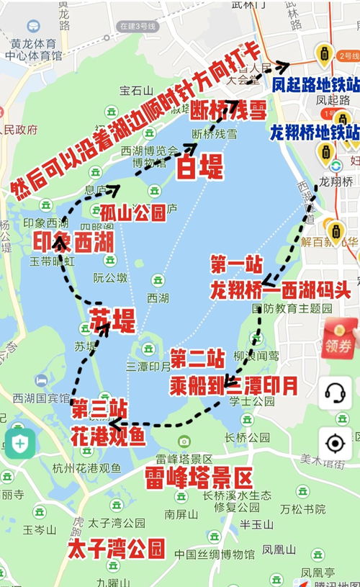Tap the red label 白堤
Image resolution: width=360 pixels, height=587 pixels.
[199, 168]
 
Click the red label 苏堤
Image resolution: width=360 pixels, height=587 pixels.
[112, 319]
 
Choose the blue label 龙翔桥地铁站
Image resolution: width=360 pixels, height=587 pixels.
[314, 133]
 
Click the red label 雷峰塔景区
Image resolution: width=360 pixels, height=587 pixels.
[199, 478]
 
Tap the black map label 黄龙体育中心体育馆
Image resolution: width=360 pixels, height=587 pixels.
[36, 48]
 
